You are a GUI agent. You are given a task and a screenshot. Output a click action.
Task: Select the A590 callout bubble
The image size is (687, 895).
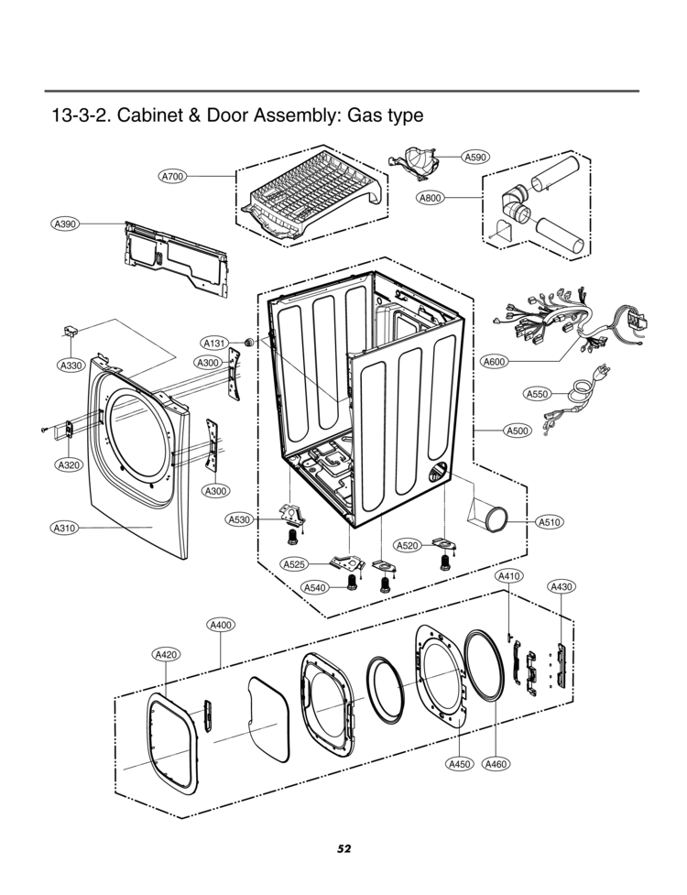[x=474, y=157]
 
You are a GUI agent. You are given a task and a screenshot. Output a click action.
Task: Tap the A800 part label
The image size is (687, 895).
[x=431, y=198]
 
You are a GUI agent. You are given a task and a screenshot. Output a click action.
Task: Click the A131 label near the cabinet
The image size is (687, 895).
[x=213, y=344]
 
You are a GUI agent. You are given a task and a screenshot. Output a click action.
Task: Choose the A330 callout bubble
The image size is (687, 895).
[x=71, y=366]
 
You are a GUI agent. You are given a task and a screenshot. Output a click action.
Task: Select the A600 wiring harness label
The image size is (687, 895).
[x=495, y=362]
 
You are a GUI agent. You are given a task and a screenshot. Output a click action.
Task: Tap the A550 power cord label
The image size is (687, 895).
[x=538, y=394]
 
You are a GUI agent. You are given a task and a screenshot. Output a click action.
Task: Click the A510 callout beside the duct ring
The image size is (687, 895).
[x=549, y=522]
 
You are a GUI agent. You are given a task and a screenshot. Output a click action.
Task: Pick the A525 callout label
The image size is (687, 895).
[x=294, y=564]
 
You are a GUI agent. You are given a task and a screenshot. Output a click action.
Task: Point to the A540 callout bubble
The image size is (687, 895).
[x=315, y=587]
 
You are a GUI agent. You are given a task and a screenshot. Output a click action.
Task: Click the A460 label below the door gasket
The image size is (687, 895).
[x=495, y=763]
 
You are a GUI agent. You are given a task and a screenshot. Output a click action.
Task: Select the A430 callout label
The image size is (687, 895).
[x=561, y=586]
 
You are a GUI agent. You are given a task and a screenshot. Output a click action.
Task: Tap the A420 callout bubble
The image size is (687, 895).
[x=166, y=654]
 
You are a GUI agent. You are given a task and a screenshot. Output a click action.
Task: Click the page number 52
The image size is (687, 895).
[x=343, y=848]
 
